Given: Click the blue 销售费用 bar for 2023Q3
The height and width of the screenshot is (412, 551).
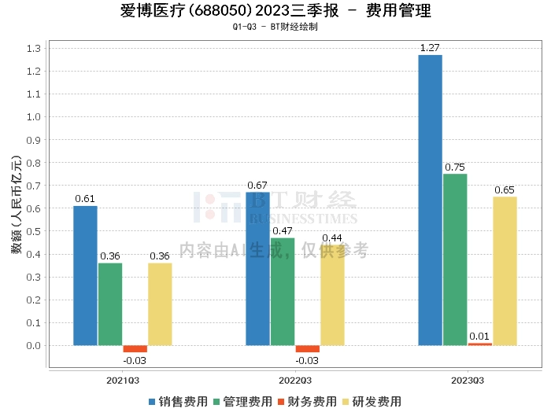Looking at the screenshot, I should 430,200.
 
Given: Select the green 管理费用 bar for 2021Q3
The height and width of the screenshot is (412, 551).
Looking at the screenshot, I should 110,303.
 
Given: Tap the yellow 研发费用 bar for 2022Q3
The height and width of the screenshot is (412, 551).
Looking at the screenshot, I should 332,295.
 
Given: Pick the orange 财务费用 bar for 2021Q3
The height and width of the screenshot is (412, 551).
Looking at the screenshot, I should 135,348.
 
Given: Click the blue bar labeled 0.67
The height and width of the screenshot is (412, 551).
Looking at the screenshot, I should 257,268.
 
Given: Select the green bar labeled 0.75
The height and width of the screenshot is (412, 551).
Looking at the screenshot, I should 455,259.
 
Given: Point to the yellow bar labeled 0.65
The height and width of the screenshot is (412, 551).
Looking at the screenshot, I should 505,270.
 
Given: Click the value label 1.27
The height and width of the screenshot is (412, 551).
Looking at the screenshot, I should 430,48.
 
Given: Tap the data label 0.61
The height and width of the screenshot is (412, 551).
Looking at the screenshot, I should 85,199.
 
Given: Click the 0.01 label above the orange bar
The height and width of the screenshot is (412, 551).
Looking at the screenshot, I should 479,337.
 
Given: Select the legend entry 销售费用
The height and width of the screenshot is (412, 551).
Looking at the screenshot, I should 178,401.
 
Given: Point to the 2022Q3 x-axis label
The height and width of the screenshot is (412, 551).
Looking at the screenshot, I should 295,380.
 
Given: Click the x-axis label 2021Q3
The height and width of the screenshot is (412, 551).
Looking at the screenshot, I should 123,380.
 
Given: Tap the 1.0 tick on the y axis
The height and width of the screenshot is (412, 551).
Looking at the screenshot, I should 33,116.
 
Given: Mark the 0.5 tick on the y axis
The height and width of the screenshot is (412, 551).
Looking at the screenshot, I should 33,231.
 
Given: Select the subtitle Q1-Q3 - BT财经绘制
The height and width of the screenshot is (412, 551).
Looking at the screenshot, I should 275,28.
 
